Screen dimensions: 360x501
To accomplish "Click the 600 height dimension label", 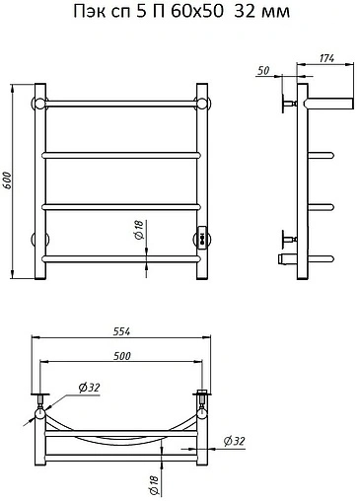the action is [8, 180].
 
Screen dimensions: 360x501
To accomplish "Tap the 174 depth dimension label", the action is [326, 58].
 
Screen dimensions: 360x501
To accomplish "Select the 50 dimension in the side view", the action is [263, 71].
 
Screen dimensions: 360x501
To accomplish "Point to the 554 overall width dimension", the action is [121, 331].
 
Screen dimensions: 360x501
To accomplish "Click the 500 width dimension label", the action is [122, 356].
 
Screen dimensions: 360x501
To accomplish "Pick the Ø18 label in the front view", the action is [139, 230].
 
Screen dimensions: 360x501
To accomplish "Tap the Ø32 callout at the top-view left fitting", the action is [89, 388].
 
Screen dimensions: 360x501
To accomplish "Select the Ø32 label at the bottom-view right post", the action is [235, 441].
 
